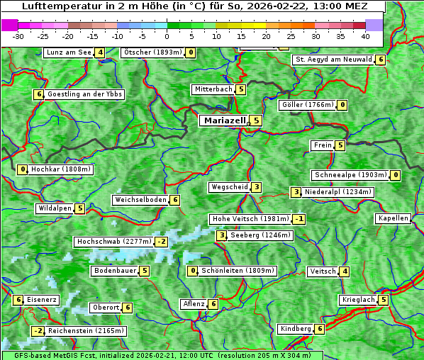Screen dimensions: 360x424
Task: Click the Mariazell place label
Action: pos(224,120)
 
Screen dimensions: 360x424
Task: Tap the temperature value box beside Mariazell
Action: pos(256,120)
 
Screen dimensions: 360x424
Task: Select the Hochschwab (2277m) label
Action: pos(114,242)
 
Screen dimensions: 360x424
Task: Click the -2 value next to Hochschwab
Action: pos(162,242)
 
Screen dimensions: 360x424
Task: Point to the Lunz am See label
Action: pos(69,52)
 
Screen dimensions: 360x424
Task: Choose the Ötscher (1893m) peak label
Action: pos(152,52)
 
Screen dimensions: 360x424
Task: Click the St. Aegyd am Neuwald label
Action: pos(333,60)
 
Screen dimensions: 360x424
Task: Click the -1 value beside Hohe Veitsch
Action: pos(299,219)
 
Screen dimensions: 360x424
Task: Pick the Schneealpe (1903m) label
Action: pos(350,175)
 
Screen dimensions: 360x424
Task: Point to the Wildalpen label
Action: pos(55,208)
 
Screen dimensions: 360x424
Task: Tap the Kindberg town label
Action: pos(296,329)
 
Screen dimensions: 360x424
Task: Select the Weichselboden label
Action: pos(140,200)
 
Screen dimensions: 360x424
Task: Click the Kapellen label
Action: pos(393,218)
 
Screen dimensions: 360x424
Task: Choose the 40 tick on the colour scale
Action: pos(365,36)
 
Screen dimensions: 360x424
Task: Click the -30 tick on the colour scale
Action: pos(19,36)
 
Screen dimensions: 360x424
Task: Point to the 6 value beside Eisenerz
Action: pos(18,300)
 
